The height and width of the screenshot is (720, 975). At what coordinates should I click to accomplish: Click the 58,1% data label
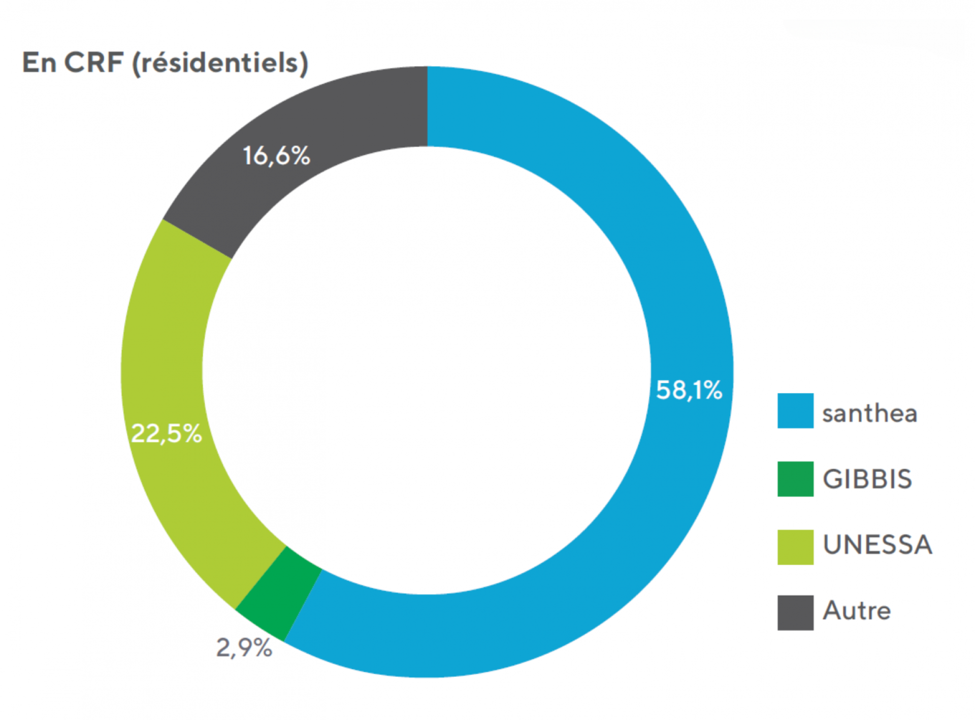(x=689, y=390)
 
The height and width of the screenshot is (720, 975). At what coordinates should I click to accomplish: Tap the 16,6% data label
(x=276, y=155)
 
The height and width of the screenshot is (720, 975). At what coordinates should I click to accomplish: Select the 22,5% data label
(x=166, y=434)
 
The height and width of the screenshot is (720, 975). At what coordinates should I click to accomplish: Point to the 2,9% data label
(x=244, y=647)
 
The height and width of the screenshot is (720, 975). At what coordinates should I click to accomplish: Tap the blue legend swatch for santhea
(x=795, y=411)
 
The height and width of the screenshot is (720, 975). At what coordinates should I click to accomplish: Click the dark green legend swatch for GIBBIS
(x=795, y=479)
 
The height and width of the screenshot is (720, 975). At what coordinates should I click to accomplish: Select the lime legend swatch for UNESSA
(x=795, y=547)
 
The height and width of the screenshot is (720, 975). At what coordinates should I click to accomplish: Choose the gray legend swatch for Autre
(x=795, y=613)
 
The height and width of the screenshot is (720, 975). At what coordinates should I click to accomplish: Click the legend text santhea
(x=869, y=413)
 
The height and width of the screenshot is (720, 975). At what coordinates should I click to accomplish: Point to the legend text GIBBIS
(x=867, y=479)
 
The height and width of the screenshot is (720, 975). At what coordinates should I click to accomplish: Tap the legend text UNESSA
(x=877, y=545)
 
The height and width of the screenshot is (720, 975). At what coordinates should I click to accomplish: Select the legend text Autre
(x=857, y=610)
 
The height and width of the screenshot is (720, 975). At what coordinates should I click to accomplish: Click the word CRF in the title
(x=94, y=62)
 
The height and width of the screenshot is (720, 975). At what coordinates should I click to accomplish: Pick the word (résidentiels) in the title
(x=219, y=63)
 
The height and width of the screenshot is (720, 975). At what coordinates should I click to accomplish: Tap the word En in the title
(x=39, y=62)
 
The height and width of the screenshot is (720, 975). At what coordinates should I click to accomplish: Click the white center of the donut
(x=427, y=371)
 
